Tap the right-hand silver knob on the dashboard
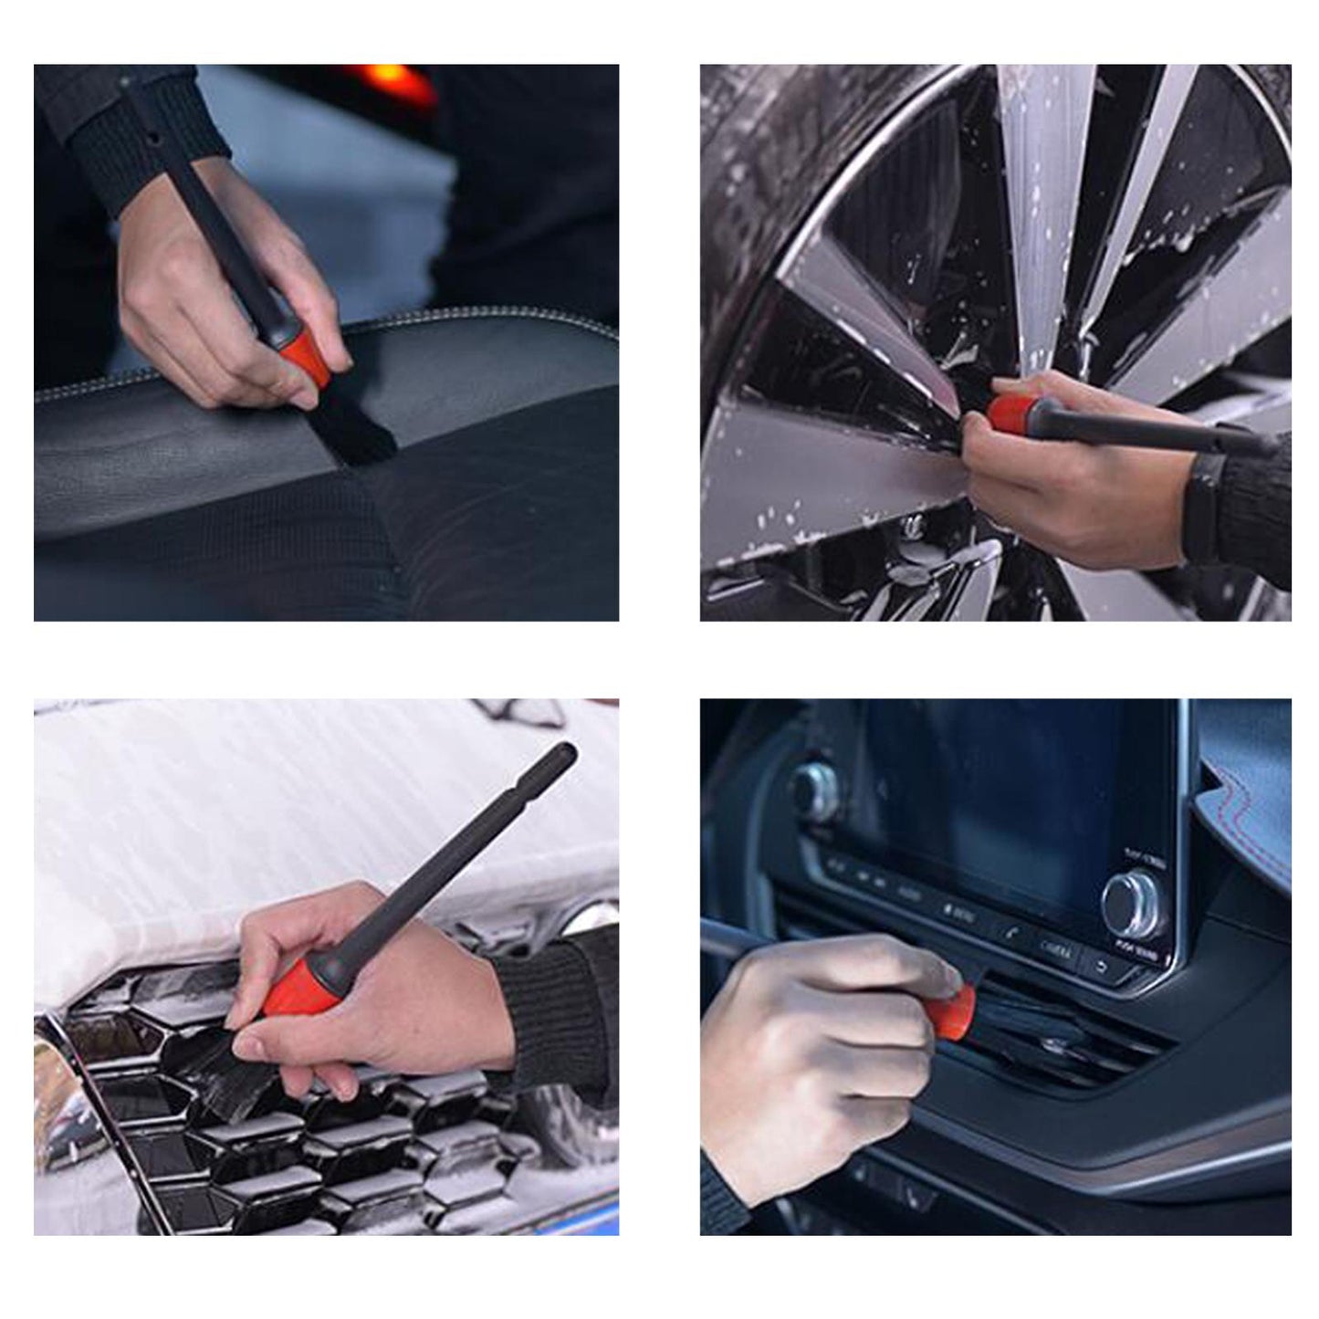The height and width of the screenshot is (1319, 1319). click(x=1133, y=905)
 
